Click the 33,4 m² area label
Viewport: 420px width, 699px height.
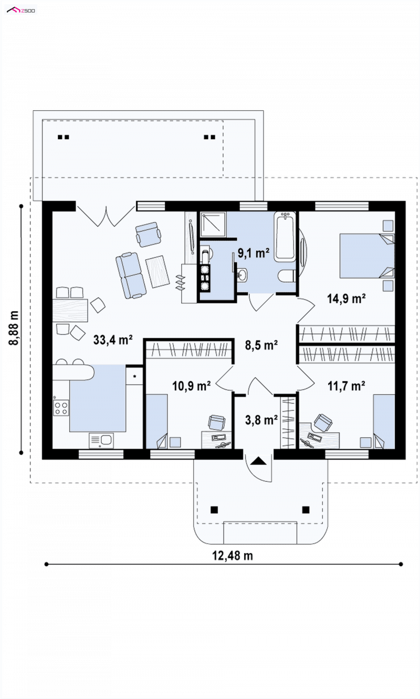tap(113, 340)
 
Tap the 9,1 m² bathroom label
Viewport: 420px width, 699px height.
tap(253, 253)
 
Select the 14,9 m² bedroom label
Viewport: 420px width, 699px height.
tap(346, 299)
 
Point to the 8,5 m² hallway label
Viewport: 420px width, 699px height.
tap(261, 345)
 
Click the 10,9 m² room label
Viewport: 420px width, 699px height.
tap(192, 386)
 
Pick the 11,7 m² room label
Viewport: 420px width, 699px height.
tap(346, 386)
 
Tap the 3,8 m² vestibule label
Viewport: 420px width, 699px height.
tap(261, 420)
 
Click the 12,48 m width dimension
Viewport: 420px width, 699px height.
tap(233, 556)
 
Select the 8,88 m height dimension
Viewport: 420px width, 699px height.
tap(14, 327)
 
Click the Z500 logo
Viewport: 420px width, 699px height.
tap(21, 10)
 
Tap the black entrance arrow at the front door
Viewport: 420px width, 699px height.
tap(258, 461)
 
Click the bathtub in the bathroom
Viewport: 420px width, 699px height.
tap(285, 236)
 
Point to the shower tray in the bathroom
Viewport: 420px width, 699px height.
tap(213, 224)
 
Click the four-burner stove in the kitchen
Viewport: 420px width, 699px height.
tap(61, 408)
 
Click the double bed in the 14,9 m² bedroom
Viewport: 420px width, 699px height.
tap(367, 256)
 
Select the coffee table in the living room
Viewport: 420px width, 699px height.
tap(157, 271)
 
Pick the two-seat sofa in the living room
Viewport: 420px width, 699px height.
tap(131, 275)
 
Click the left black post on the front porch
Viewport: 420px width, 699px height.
tap(214, 510)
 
